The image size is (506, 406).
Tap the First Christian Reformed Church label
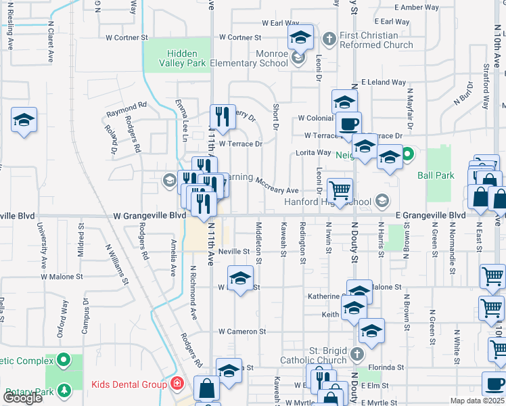(x=377, y=41)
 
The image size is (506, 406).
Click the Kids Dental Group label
(x=129, y=385)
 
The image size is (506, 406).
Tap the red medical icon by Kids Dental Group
(x=177, y=384)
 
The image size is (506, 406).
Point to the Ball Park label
(x=436, y=175)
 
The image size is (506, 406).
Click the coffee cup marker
(x=349, y=125)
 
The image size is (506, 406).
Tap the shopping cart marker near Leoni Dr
(x=340, y=189)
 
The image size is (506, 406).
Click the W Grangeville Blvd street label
(x=149, y=215)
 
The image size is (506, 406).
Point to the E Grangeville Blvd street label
(x=430, y=215)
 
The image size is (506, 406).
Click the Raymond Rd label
(x=126, y=106)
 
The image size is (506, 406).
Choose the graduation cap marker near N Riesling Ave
(x=24, y=120)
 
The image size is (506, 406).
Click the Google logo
(x=22, y=398)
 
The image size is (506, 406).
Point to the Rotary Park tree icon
(x=64, y=390)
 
